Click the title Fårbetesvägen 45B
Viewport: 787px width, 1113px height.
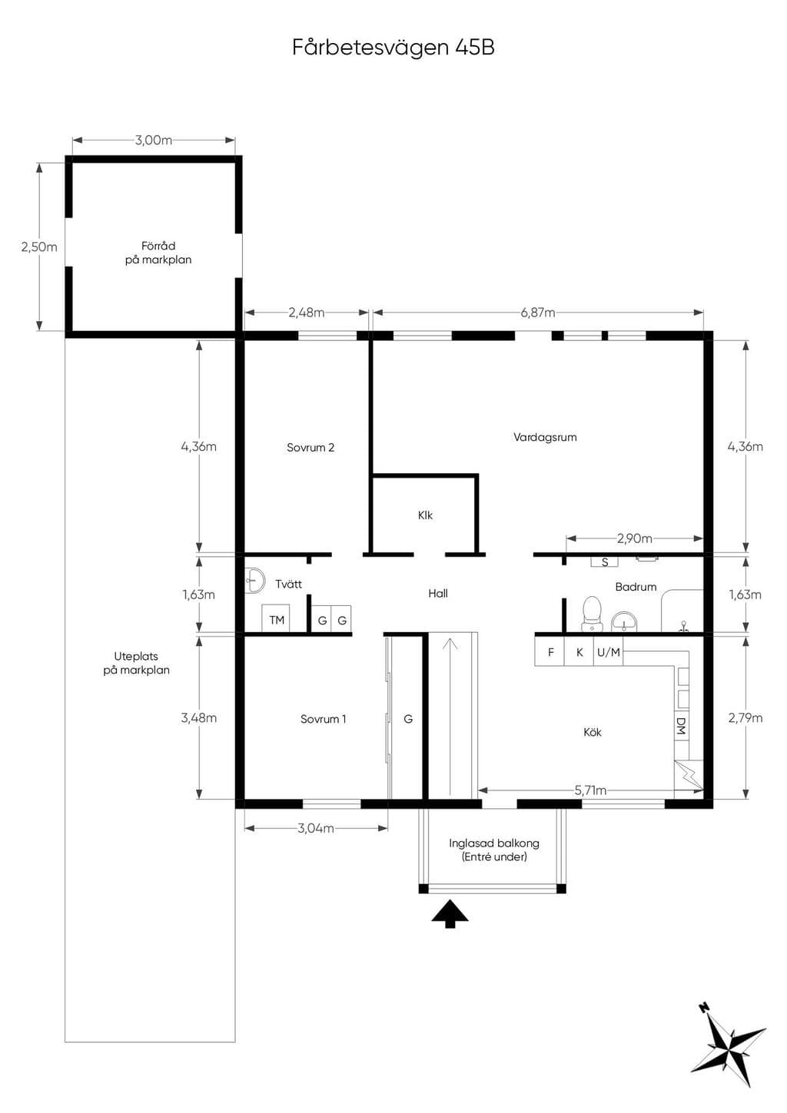pyautogui.click(x=393, y=48)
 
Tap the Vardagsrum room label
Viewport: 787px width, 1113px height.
pyautogui.click(x=545, y=437)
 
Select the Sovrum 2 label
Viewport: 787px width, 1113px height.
pyautogui.click(x=310, y=447)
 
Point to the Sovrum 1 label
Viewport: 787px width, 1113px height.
pyautogui.click(x=323, y=718)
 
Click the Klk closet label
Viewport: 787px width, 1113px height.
pyautogui.click(x=425, y=515)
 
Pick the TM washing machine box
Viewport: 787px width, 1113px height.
pyautogui.click(x=277, y=619)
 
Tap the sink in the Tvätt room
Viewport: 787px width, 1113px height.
pyautogui.click(x=255, y=580)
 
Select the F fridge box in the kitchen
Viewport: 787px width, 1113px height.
pyautogui.click(x=550, y=652)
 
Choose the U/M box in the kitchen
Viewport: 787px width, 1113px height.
pyautogui.click(x=609, y=652)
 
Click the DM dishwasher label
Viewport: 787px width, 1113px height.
pyautogui.click(x=681, y=727)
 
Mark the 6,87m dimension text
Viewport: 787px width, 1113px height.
pyautogui.click(x=538, y=313)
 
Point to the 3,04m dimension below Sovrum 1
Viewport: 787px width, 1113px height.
pyautogui.click(x=316, y=828)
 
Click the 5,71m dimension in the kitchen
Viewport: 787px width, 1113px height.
pyautogui.click(x=590, y=790)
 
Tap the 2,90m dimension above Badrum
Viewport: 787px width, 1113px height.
pyautogui.click(x=634, y=538)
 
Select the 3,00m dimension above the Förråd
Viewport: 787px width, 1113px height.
pyautogui.click(x=154, y=140)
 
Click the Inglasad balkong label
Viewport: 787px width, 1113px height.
pyautogui.click(x=494, y=843)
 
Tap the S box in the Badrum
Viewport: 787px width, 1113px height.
pyautogui.click(x=605, y=562)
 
